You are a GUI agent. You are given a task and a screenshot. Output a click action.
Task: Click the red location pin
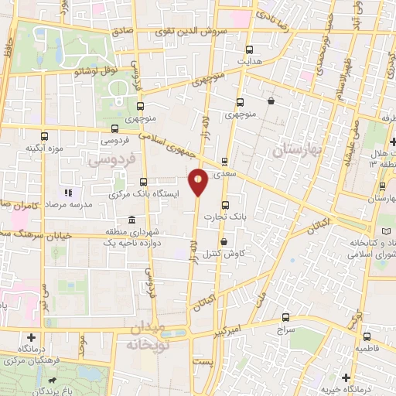point(199,181)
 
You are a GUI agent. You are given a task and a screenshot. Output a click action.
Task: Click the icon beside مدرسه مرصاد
point(67,192)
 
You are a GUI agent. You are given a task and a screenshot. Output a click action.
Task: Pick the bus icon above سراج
point(286,317)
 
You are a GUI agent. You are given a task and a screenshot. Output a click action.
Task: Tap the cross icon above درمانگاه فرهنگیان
point(30,337)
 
